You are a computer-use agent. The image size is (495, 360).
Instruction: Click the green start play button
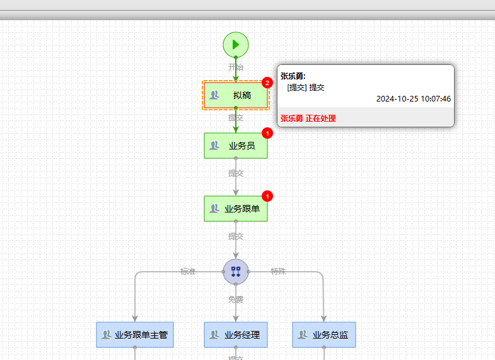(x=236, y=45)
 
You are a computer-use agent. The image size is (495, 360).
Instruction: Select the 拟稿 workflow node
(x=236, y=95)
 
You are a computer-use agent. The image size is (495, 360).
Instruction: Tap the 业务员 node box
(x=236, y=146)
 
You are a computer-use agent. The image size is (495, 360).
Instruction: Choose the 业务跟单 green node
(x=236, y=209)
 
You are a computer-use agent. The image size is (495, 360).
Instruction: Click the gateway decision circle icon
(x=236, y=272)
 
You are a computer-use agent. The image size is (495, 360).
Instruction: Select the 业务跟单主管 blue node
(x=135, y=335)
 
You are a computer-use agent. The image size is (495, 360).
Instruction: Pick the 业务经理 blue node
(x=236, y=335)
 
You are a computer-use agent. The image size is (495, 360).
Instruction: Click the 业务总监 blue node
(x=324, y=335)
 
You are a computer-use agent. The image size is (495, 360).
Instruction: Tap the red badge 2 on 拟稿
(x=267, y=83)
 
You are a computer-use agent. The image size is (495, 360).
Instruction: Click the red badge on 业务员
(x=267, y=133)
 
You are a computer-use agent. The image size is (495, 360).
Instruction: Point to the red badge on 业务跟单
(x=267, y=196)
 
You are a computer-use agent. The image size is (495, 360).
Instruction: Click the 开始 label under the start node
(x=236, y=67)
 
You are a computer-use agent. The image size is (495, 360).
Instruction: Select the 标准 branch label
(x=188, y=272)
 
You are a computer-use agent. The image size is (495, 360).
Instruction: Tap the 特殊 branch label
(x=279, y=272)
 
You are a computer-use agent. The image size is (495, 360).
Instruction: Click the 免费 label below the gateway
(x=236, y=299)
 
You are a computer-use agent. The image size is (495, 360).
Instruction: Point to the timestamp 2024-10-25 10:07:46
(x=414, y=99)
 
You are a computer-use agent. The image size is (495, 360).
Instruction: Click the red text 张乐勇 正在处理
(x=308, y=118)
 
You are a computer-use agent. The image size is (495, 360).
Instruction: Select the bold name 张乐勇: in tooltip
(x=293, y=76)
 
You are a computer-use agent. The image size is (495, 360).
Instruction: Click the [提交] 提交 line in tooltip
(x=306, y=88)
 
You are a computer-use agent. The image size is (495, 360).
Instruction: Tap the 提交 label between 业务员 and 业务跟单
(x=236, y=173)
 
